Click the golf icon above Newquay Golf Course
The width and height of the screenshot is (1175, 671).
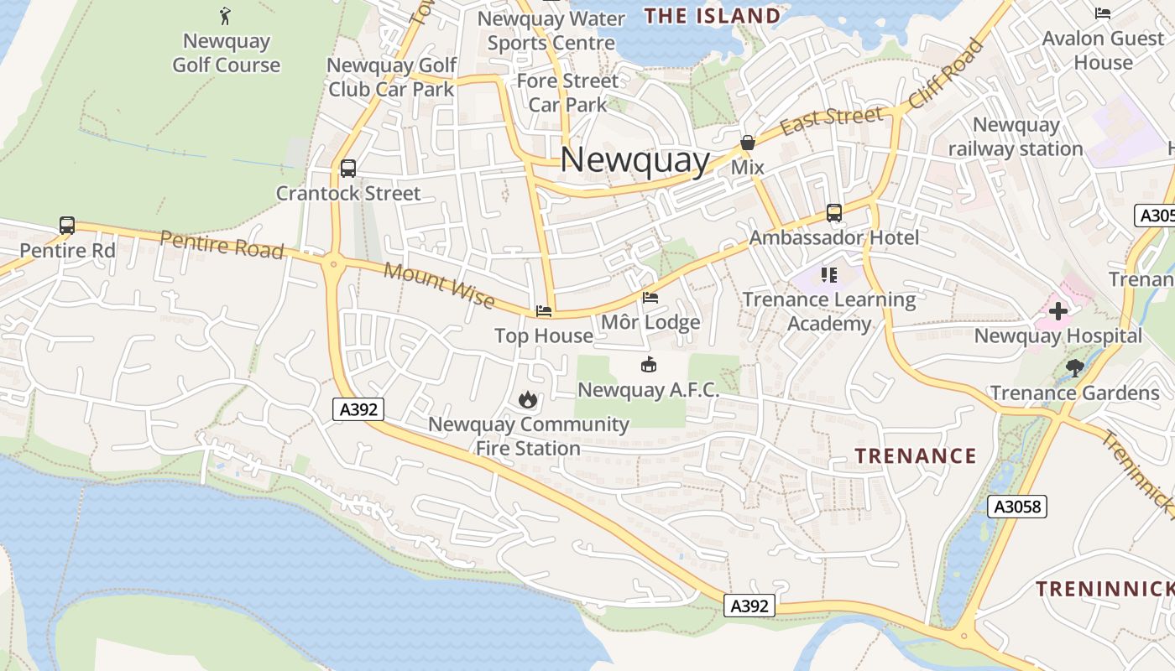[225, 15]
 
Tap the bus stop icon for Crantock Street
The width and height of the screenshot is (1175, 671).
[348, 169]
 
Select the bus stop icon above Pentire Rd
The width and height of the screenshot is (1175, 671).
[67, 226]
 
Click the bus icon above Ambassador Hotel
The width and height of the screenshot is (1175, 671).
[833, 213]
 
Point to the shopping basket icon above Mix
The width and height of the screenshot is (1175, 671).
[747, 143]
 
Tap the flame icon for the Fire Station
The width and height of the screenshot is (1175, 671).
[527, 399]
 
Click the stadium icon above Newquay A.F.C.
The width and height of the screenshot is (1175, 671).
[648, 365]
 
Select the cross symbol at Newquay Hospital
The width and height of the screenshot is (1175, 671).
[1057, 311]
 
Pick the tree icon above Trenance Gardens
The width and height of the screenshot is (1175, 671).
[1073, 367]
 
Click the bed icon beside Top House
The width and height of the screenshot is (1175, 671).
[544, 311]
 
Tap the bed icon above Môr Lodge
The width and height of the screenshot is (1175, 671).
[650, 297]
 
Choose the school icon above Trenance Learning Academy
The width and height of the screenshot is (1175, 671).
[829, 274]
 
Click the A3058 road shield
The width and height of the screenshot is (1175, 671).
[1016, 507]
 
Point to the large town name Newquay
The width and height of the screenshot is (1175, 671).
[634, 159]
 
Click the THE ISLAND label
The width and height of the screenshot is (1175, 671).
[712, 16]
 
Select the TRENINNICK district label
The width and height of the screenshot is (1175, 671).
[1103, 589]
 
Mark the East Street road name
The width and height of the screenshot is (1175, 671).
[831, 120]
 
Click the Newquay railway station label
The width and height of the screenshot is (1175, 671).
[1016, 137]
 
